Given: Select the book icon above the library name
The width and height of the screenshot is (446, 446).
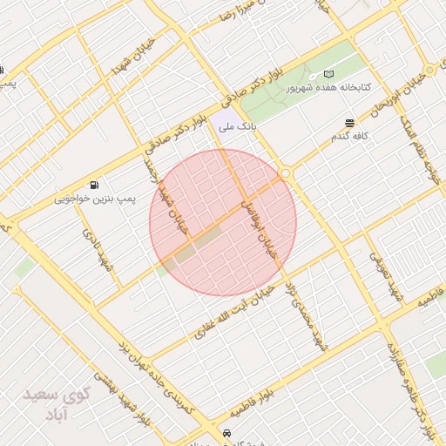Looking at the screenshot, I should pyautogui.click(x=328, y=74).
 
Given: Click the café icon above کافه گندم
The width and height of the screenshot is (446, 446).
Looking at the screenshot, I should pyautogui.click(x=349, y=123).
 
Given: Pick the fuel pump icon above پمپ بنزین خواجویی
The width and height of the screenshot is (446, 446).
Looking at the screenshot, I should pyautogui.click(x=93, y=185).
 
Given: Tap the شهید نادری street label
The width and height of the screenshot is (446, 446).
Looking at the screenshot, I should pyautogui.click(x=97, y=249).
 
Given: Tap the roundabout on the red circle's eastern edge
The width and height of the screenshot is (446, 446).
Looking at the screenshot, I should pyautogui.click(x=286, y=173).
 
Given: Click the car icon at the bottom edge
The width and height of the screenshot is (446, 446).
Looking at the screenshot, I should pyautogui.click(x=226, y=434).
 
